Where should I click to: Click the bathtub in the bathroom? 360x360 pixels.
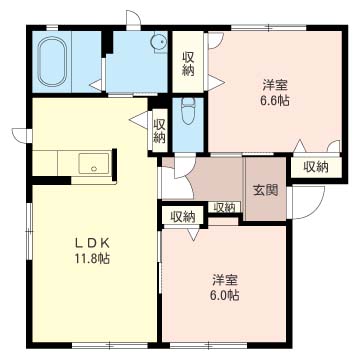coord(52,61)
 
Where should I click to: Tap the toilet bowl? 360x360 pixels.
coord(189,111)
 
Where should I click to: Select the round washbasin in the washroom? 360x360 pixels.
coord(159,42)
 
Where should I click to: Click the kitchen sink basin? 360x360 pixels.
coord(94,163)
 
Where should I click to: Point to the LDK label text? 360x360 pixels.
coord(92,244)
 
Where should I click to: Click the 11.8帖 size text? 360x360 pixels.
coord(92,259)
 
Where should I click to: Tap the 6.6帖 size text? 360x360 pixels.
coord(275,100)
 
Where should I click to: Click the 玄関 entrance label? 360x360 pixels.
coord(266,190)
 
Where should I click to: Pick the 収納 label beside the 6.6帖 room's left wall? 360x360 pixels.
coord(188,64)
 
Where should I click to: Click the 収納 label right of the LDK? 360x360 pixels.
coord(159,131)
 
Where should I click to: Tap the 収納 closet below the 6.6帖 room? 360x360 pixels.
coord(316,167)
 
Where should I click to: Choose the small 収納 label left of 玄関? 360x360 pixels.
coord(224,207)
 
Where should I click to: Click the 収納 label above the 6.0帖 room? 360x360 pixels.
coord(183,217)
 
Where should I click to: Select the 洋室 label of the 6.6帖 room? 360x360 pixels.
coord(275,85)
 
